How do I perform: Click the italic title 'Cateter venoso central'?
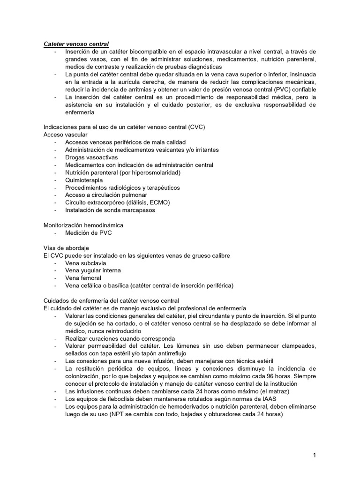click(76, 44)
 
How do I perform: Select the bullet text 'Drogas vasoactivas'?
click(91, 157)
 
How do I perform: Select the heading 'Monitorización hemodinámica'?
click(83, 225)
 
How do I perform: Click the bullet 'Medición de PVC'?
click(88, 233)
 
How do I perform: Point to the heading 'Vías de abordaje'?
click(66, 248)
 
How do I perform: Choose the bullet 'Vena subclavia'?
click(85, 263)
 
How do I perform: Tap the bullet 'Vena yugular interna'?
click(93, 270)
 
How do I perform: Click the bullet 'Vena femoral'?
click(83, 278)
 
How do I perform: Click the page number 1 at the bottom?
click(315, 455)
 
